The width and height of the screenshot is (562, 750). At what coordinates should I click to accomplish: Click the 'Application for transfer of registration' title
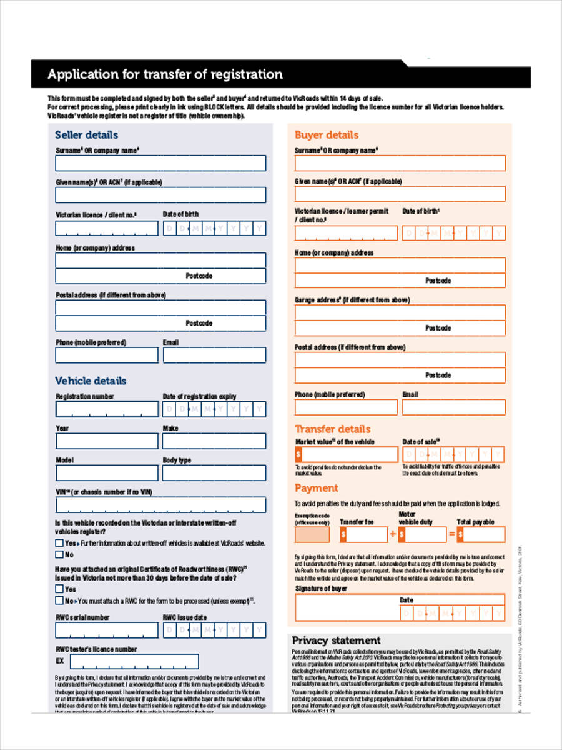(x=165, y=74)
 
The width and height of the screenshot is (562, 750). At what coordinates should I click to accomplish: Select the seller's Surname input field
(x=160, y=163)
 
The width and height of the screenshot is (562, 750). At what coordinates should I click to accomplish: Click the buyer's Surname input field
(x=400, y=163)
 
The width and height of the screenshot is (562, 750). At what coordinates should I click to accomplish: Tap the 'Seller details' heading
(x=86, y=134)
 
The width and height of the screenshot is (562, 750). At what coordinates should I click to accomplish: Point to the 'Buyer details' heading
(x=327, y=134)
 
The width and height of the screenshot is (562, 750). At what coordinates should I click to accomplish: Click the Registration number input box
(x=107, y=409)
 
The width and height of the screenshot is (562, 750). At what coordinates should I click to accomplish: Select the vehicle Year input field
(x=107, y=441)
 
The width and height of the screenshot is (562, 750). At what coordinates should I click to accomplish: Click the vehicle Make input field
(x=214, y=441)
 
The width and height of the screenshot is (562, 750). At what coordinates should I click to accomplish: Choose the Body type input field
(x=214, y=473)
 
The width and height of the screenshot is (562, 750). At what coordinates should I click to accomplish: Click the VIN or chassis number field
(x=160, y=505)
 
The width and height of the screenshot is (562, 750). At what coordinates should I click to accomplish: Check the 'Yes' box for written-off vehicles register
(x=59, y=543)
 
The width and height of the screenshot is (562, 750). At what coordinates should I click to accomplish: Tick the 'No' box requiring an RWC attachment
(x=59, y=601)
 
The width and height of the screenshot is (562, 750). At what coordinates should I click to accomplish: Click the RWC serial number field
(x=107, y=630)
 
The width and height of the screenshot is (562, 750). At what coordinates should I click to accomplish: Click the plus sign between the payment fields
(x=393, y=535)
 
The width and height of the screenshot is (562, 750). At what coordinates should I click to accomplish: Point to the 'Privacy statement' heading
(x=336, y=641)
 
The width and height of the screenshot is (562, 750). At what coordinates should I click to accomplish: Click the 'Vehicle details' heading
(x=91, y=381)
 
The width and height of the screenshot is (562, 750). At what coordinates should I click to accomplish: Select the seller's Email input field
(x=214, y=356)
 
